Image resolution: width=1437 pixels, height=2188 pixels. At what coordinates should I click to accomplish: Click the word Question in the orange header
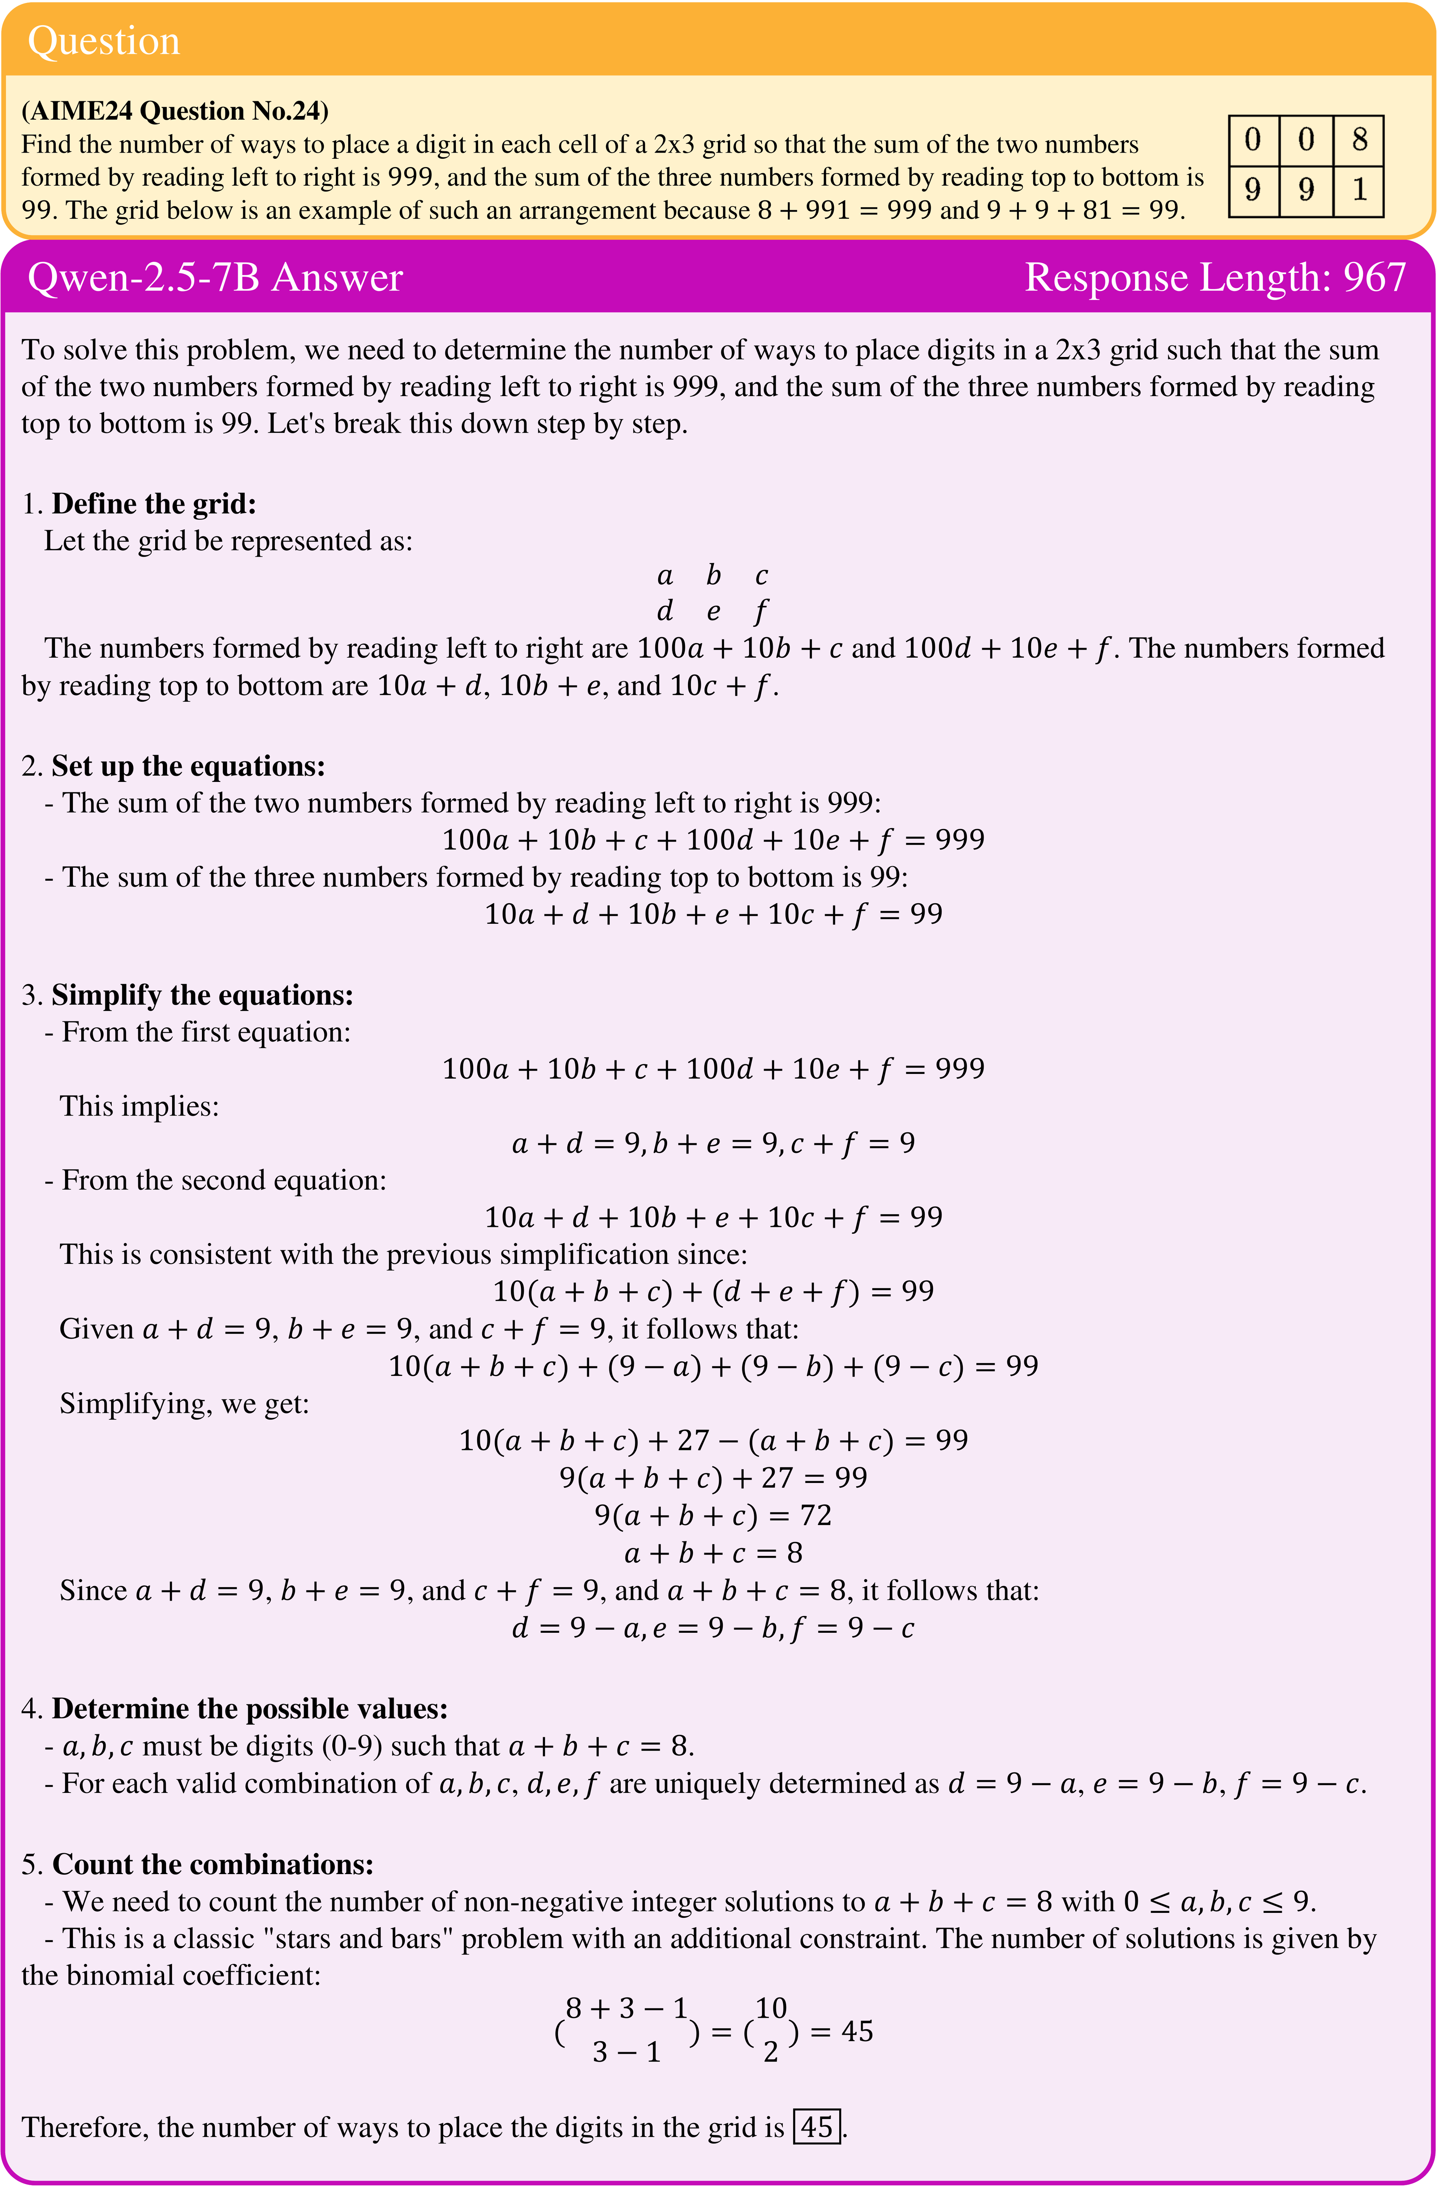tap(103, 41)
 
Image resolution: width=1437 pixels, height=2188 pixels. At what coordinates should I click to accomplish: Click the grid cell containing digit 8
tap(1359, 140)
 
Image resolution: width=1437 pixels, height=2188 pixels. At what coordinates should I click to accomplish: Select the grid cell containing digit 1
tap(1359, 190)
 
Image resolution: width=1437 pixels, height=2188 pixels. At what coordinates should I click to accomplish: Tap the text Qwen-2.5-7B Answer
tap(215, 278)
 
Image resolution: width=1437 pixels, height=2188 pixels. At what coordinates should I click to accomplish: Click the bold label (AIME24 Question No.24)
tap(175, 111)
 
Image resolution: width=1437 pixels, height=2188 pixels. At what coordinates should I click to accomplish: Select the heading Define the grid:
tap(153, 504)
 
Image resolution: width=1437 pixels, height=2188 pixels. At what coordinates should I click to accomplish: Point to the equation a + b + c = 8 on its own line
tap(713, 1553)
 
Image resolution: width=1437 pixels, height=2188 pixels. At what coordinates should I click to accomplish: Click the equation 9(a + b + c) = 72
tap(713, 1515)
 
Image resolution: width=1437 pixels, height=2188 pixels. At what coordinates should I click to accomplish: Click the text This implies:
tap(140, 1106)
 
